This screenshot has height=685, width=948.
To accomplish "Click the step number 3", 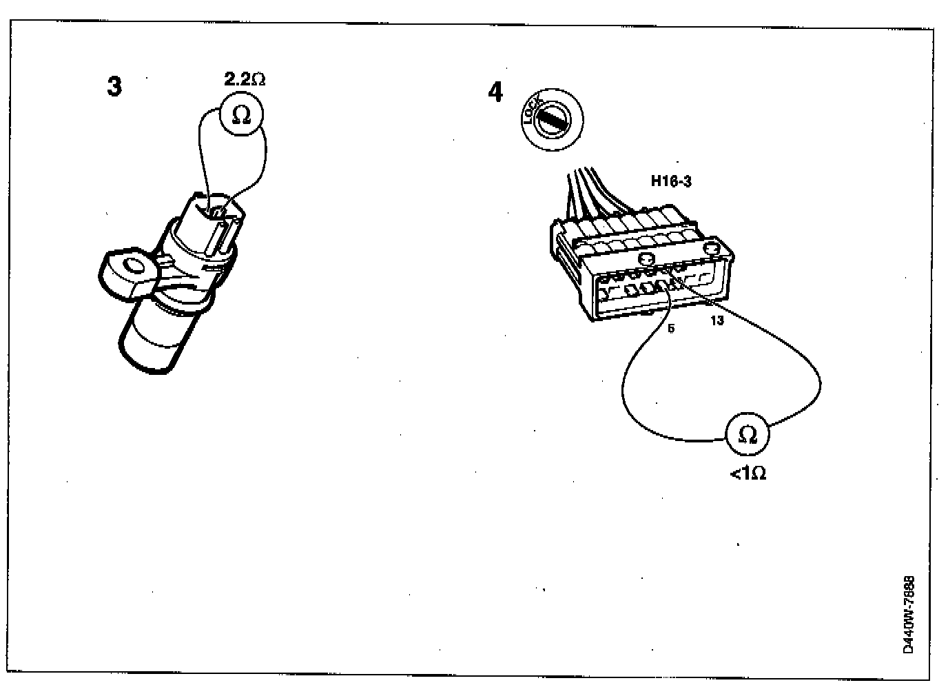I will click(114, 87).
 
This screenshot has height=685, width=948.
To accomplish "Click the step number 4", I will click(495, 92).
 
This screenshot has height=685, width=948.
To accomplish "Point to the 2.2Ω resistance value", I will click(245, 79).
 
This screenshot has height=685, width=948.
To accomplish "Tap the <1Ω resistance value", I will click(748, 473).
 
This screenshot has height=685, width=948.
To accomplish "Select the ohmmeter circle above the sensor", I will click(241, 114).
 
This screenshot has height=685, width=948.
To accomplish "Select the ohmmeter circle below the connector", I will click(747, 434).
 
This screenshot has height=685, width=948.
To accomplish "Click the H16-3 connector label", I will click(671, 182).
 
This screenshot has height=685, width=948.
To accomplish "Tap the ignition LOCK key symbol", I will click(553, 120).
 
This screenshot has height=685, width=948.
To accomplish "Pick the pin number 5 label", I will click(671, 328).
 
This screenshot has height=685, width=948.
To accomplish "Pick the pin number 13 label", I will click(717, 320).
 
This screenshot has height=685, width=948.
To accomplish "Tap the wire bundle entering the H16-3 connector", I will click(589, 190).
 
